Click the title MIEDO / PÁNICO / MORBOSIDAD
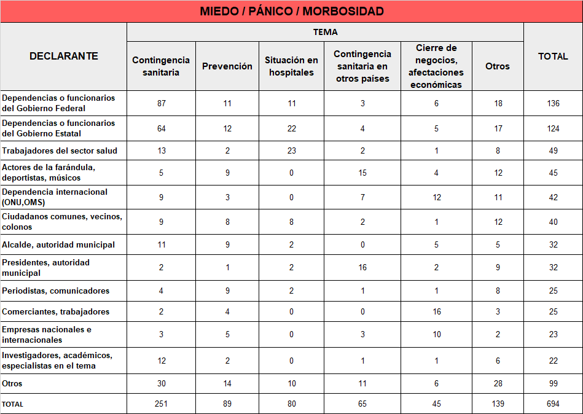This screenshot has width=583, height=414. [x=291, y=11]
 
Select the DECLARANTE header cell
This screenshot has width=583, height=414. [x=63, y=56]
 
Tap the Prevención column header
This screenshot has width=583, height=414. [x=227, y=66]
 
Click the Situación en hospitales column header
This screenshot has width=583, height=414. [x=291, y=66]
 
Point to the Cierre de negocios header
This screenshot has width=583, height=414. [x=436, y=66]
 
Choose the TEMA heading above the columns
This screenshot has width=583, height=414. [x=325, y=32]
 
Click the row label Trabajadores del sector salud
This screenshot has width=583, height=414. [x=60, y=150]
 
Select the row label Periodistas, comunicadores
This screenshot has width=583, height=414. [x=56, y=291]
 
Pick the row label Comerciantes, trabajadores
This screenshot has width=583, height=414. [x=56, y=311]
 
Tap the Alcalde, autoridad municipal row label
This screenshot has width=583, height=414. [x=58, y=244]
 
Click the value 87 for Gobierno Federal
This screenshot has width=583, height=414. [x=162, y=103]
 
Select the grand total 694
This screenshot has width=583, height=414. [x=553, y=404]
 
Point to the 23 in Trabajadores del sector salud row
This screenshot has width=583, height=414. [x=291, y=150]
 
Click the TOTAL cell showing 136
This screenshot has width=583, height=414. [x=553, y=103]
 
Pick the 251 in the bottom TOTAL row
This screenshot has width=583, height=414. [x=162, y=404]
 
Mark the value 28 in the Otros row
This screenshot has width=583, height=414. [x=498, y=383]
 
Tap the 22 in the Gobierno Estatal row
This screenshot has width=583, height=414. [x=291, y=128]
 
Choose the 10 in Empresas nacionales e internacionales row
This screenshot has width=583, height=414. [x=436, y=334]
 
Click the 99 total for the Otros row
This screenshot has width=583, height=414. [x=553, y=383]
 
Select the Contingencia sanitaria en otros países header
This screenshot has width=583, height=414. [x=362, y=66]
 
